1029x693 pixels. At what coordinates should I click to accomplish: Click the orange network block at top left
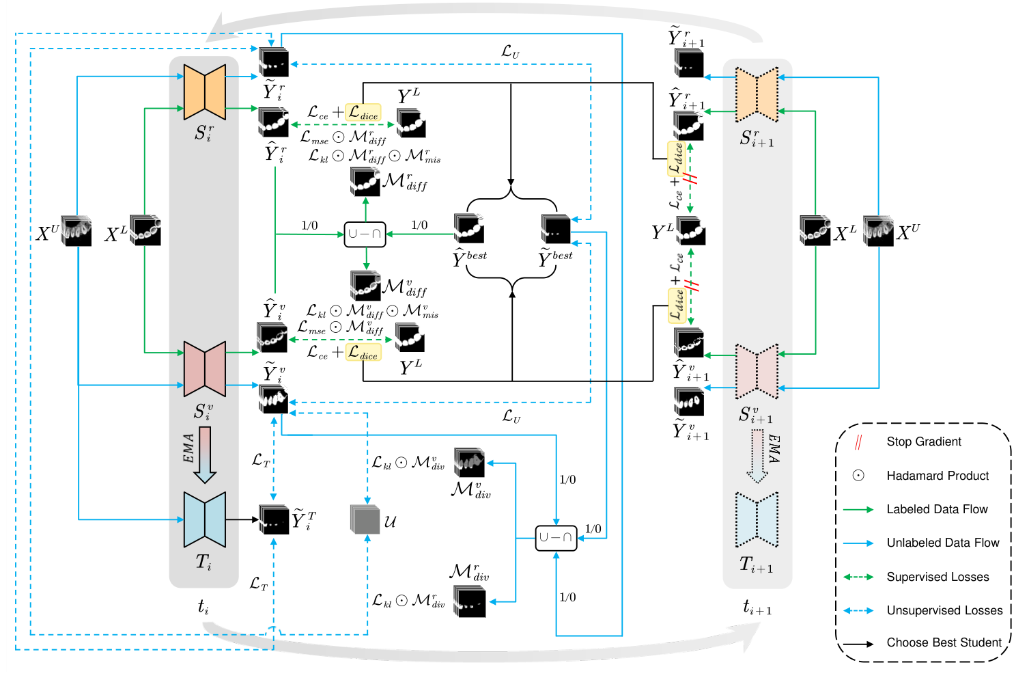click(204, 92)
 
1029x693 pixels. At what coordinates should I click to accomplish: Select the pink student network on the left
click(204, 369)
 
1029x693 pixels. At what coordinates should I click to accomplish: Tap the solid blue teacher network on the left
click(204, 519)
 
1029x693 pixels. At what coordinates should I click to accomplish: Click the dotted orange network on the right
click(757, 94)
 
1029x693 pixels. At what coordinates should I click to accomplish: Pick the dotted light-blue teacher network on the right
click(757, 519)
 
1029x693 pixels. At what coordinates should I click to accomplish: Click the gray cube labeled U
click(365, 520)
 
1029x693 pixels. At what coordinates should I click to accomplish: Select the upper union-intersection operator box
click(365, 234)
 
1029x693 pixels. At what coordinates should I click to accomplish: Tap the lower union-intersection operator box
click(556, 538)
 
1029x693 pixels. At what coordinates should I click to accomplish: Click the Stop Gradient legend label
click(923, 441)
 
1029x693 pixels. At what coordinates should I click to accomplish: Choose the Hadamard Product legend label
click(938, 476)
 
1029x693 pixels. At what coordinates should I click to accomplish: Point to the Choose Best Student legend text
click(944, 642)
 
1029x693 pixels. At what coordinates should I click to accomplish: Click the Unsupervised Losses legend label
click(944, 610)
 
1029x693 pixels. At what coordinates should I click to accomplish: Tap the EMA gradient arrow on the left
click(204, 454)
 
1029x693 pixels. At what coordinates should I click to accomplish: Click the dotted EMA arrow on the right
click(757, 456)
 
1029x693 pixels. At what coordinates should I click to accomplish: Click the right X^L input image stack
click(815, 231)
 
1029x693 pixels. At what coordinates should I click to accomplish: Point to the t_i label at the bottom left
click(203, 606)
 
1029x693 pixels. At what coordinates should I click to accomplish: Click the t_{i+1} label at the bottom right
click(757, 607)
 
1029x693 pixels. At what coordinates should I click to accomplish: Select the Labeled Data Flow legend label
click(937, 509)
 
